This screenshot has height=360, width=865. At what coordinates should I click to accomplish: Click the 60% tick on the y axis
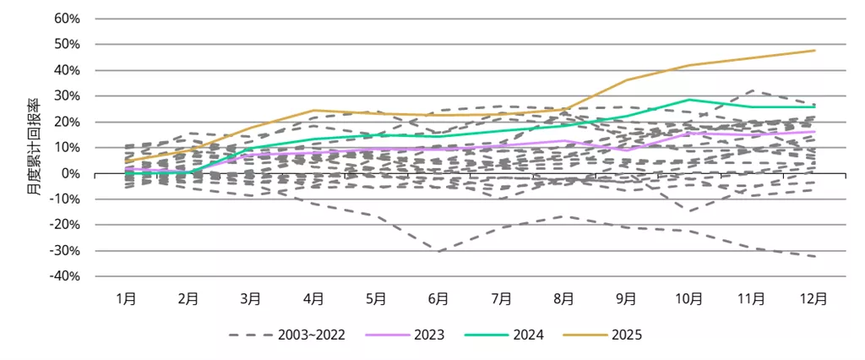[x=67, y=18]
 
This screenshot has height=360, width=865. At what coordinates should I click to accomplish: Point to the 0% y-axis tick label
[x=70, y=173]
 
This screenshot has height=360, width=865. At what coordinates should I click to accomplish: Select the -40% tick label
[x=65, y=276]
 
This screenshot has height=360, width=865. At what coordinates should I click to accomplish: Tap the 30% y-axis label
[x=67, y=95]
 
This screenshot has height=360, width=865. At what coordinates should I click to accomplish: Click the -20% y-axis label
[x=65, y=225]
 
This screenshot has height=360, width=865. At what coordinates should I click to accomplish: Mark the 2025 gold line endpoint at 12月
[x=814, y=51]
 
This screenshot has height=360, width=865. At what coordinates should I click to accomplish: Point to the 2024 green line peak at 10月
[x=689, y=100]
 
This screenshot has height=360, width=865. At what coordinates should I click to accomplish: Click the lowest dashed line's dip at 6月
[x=439, y=252]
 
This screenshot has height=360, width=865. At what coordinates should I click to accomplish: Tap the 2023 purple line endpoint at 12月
[x=814, y=131]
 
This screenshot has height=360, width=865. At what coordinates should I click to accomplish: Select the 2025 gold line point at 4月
[x=313, y=110]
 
